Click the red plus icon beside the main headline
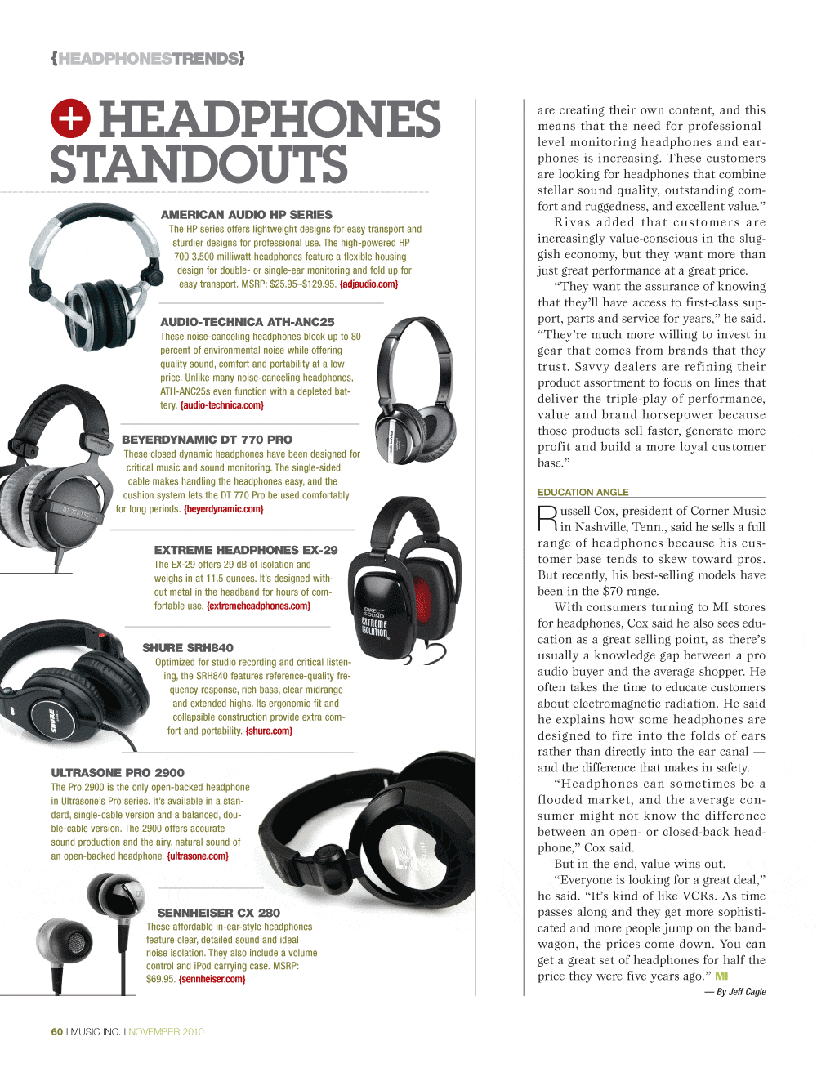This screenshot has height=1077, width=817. [x=70, y=118]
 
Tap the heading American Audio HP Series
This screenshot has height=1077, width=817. [x=246, y=214]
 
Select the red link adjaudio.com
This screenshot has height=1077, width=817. [x=368, y=284]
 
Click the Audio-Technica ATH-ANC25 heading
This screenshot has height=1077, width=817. [x=247, y=322]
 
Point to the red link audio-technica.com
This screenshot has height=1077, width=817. [x=221, y=405]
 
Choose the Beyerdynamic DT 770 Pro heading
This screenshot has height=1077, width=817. [x=207, y=440]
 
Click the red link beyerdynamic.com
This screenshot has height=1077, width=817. [x=223, y=509]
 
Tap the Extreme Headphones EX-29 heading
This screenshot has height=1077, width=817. [x=245, y=550]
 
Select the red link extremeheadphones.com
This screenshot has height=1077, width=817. [x=258, y=606]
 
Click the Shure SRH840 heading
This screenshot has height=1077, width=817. [x=187, y=648]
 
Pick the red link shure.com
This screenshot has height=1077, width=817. [x=269, y=731]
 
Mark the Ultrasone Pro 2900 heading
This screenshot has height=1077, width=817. [x=118, y=773]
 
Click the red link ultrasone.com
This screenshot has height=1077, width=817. [x=198, y=856]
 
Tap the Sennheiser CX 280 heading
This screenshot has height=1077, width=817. [x=218, y=913]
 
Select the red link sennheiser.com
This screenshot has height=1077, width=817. [x=212, y=979]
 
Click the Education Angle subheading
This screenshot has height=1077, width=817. [x=583, y=492]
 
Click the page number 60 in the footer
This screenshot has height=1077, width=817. [x=57, y=1032]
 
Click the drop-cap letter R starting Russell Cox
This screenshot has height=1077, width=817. [x=547, y=518]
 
